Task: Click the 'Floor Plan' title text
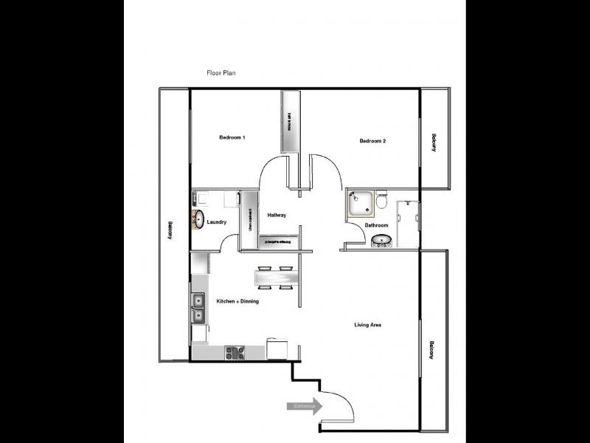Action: tap(221, 73)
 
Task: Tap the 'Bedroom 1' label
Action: tap(232, 138)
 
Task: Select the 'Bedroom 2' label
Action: tap(372, 141)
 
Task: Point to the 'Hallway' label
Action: tap(277, 215)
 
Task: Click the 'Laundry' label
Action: tap(216, 222)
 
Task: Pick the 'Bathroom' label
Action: tap(376, 225)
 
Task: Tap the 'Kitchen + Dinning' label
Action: tap(237, 301)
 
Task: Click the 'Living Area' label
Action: tap(367, 325)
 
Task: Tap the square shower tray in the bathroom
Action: tap(361, 203)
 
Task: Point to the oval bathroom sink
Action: tap(381, 240)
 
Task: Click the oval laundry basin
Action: tap(198, 219)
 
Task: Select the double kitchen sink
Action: tap(198, 308)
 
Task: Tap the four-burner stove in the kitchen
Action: tap(235, 352)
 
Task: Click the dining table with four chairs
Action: tap(275, 277)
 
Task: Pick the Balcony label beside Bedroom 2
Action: tap(434, 142)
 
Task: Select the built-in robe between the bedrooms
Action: tap(290, 122)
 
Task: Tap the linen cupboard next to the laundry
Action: tap(250, 219)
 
